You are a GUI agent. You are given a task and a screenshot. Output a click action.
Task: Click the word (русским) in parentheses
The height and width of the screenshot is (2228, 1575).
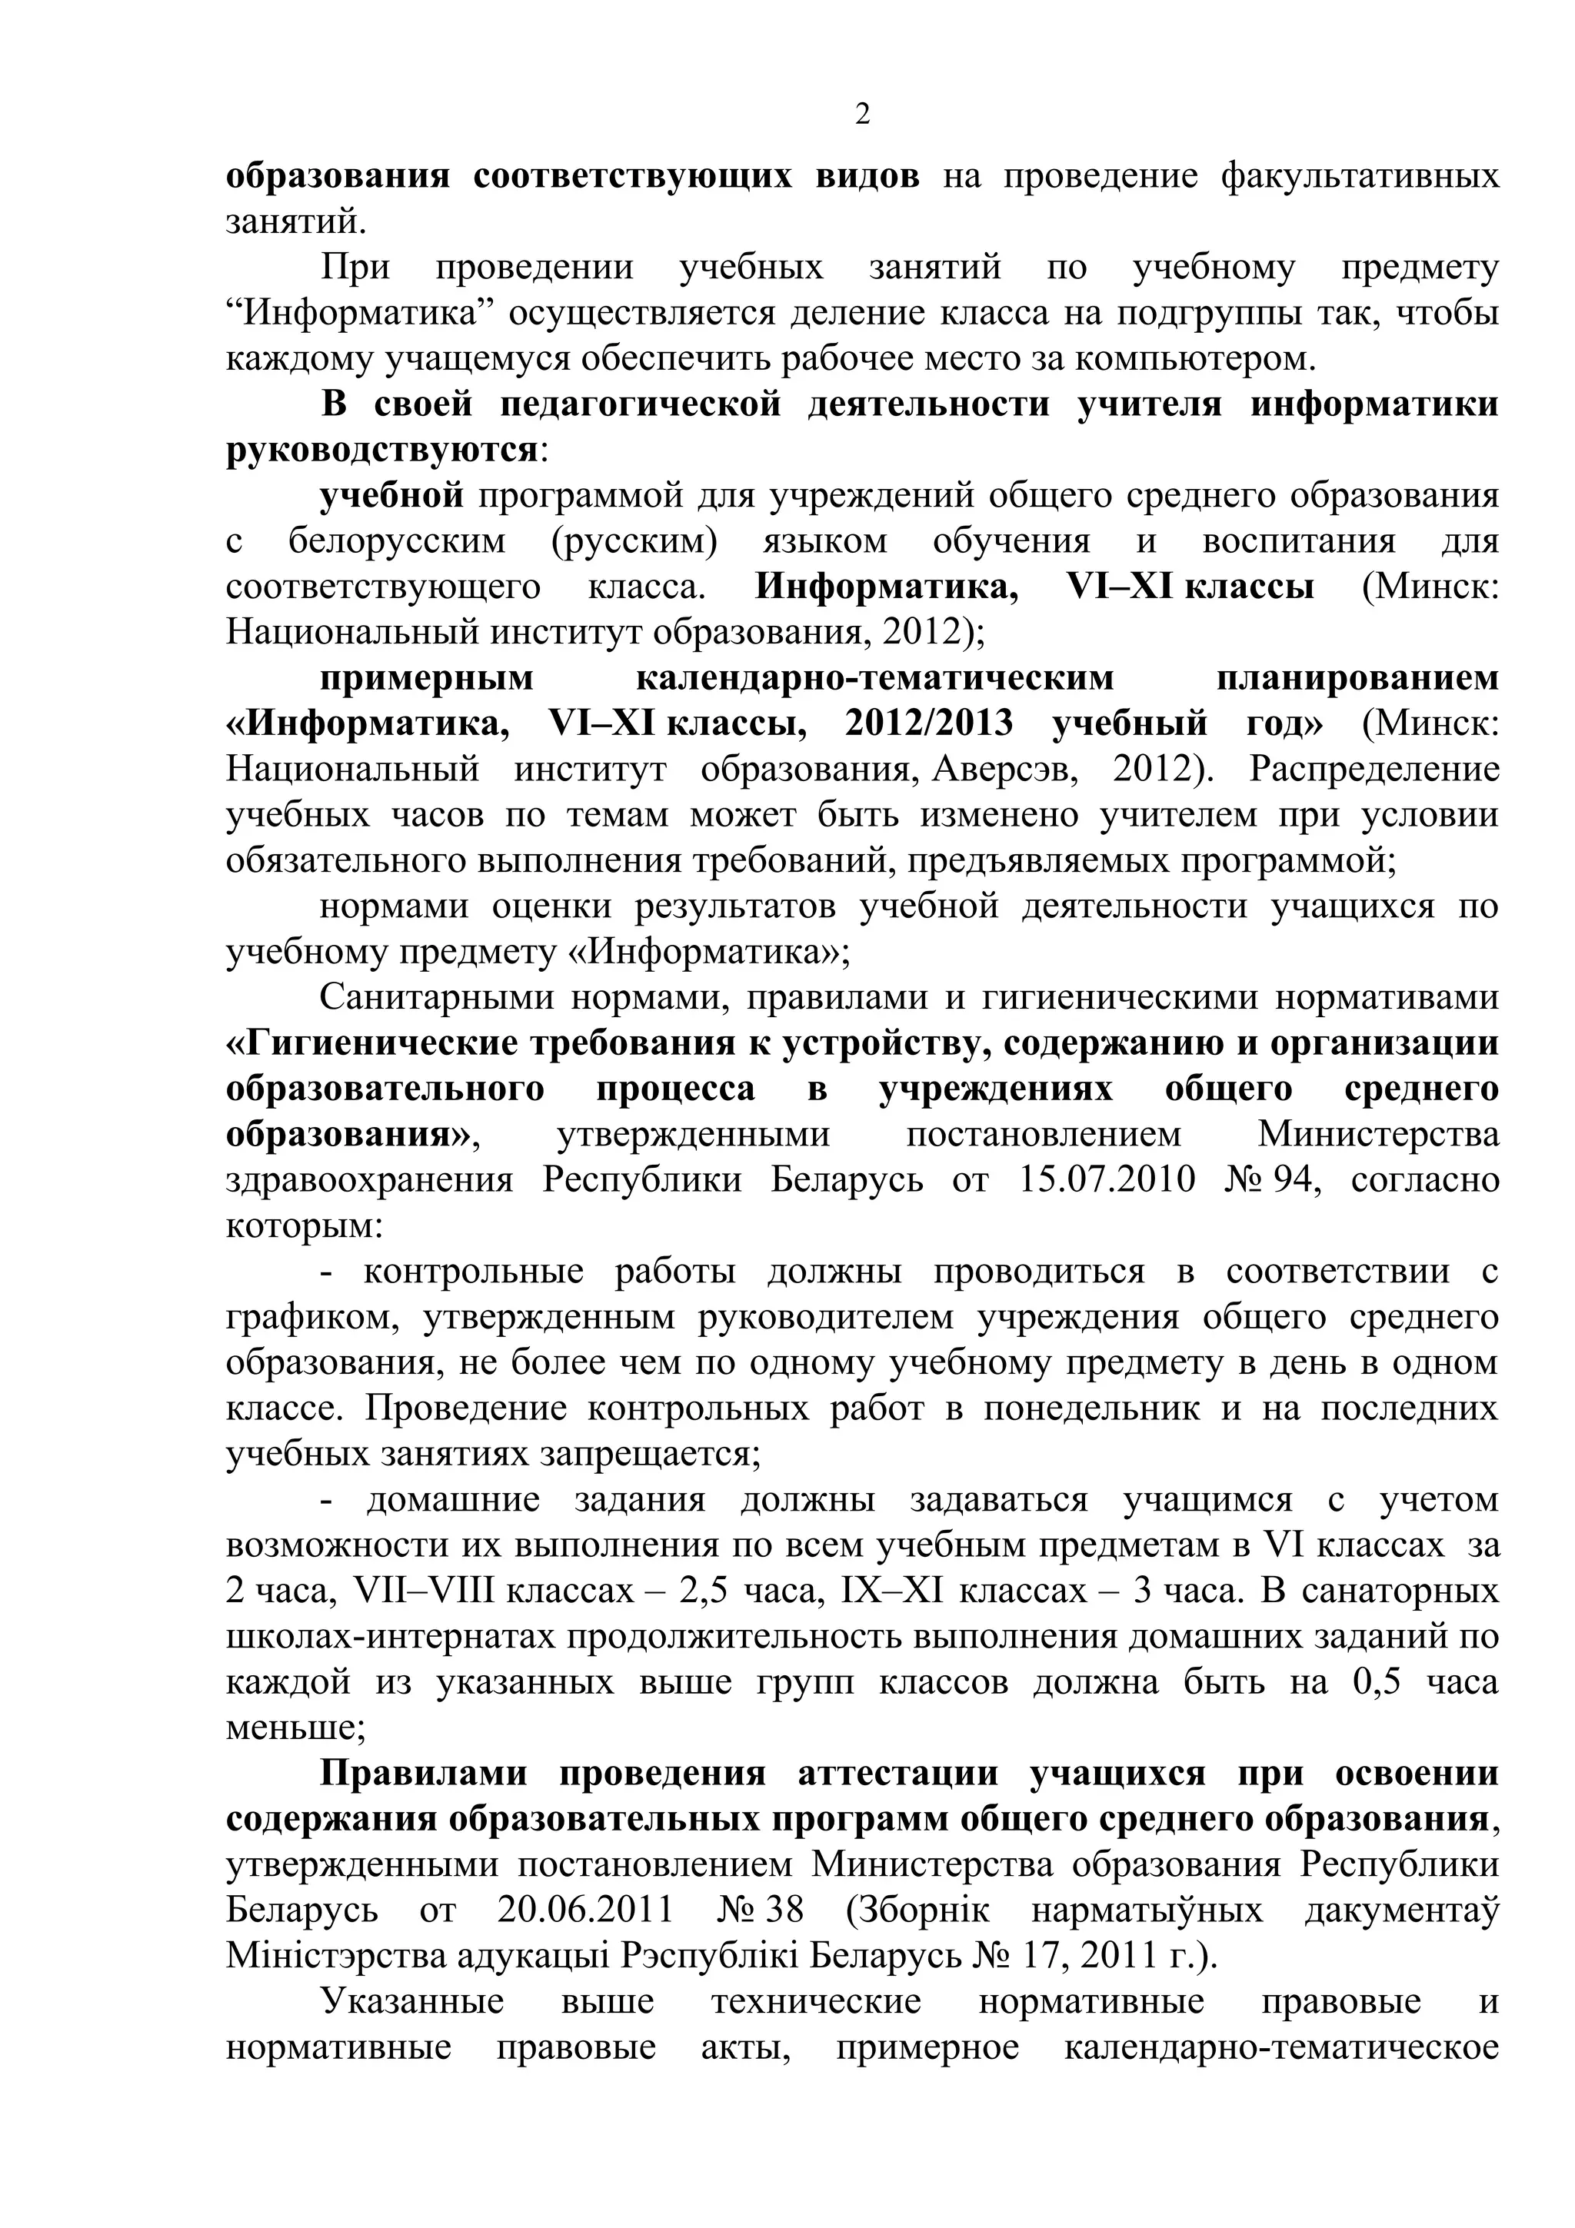pos(634,541)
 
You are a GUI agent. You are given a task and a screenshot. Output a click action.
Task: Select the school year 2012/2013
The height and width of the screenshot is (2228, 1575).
pos(930,724)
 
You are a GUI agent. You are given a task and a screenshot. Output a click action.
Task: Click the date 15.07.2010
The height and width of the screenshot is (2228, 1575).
pos(1108,1180)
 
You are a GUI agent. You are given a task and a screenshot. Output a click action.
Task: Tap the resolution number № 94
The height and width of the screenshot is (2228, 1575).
pos(1274,1180)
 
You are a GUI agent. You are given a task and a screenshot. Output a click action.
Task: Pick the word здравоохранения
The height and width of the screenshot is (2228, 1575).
pos(370,1180)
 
